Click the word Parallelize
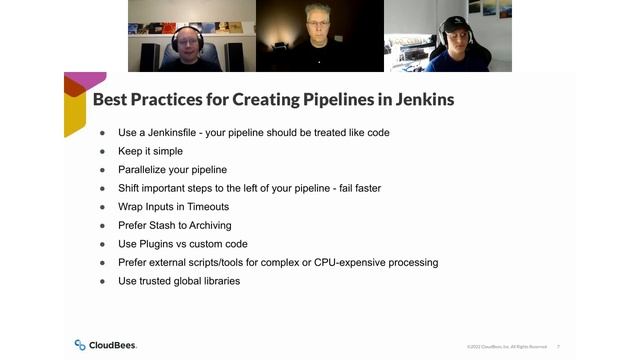click(x=151, y=169)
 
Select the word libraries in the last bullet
click(x=218, y=281)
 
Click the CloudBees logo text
click(x=112, y=345)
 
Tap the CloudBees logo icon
click(x=80, y=345)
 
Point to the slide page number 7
click(x=558, y=346)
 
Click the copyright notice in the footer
click(x=506, y=346)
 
